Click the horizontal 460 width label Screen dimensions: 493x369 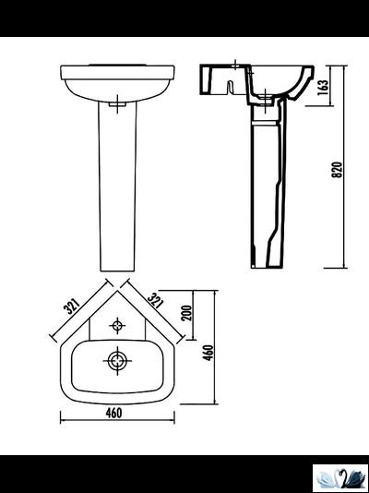tap(115, 413)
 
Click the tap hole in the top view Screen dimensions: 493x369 tap(117, 325)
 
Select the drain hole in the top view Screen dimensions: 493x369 tap(116, 359)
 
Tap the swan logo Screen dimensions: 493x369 tap(340, 477)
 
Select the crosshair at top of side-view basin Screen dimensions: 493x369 tap(236, 66)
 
